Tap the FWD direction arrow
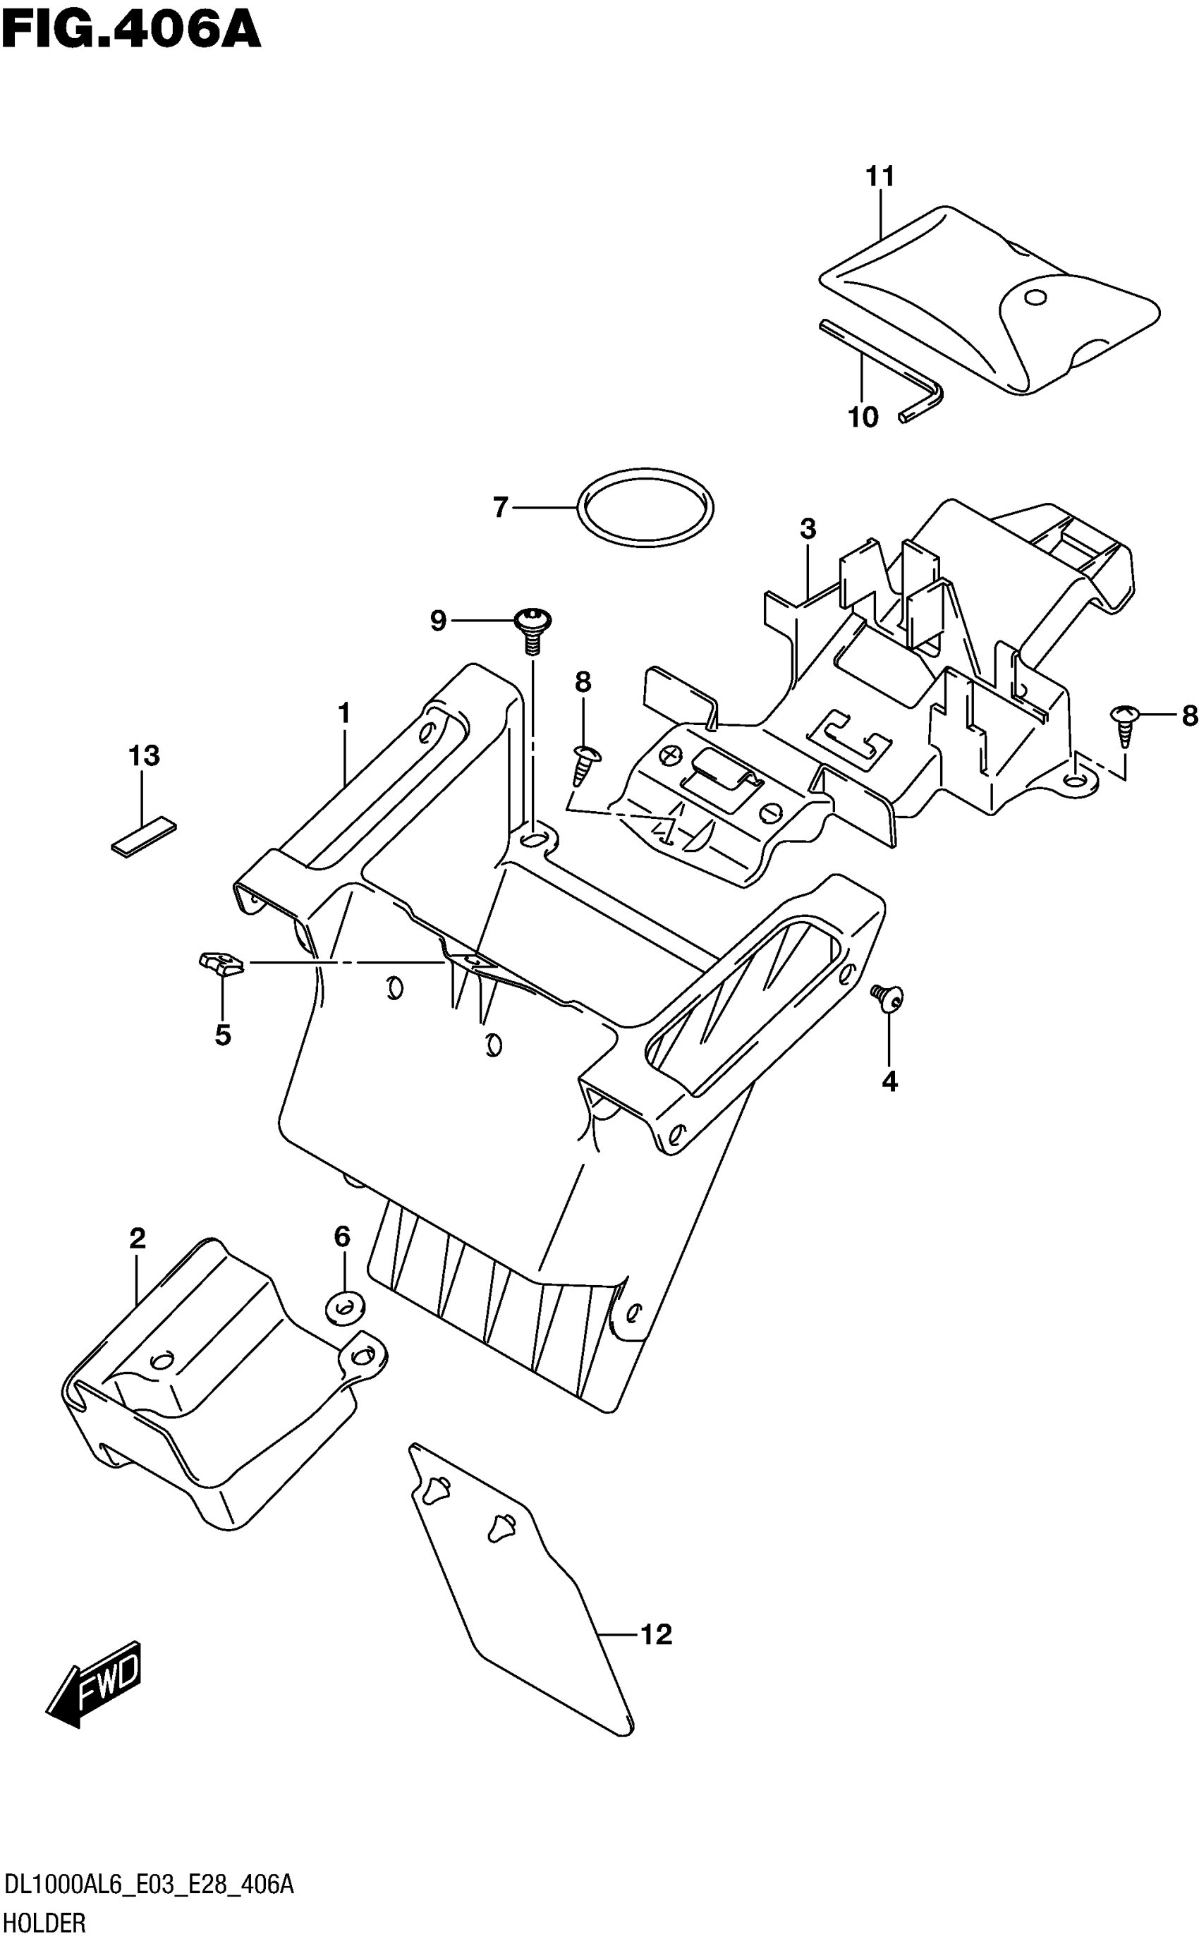[x=94, y=1683]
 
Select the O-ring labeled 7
[x=645, y=508]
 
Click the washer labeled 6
[x=345, y=1306]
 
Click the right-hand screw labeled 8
[x=1125, y=721]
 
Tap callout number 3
[x=808, y=528]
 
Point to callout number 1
[x=343, y=714]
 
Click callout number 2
[x=138, y=1238]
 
